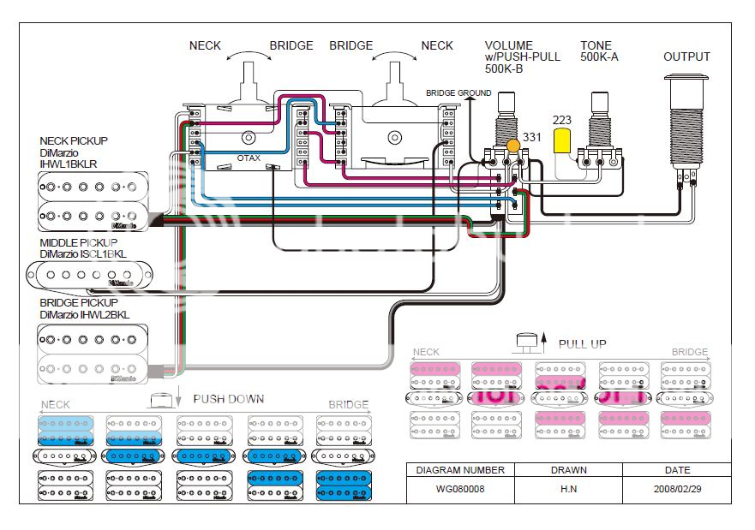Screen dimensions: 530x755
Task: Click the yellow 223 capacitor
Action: coord(563,140)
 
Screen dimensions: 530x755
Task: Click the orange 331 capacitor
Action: coord(513,145)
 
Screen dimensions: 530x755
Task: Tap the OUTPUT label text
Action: coord(686,57)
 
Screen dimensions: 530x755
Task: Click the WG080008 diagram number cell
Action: coord(459,491)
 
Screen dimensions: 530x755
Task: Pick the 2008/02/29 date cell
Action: coord(677,491)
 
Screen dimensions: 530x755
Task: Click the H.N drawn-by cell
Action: coord(568,491)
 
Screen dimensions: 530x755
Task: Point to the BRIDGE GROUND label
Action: coord(458,92)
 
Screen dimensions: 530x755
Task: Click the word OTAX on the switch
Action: coord(249,159)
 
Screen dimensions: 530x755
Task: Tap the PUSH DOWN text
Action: coord(228,399)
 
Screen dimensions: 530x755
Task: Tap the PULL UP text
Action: coord(582,344)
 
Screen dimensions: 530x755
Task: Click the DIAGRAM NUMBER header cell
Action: coord(459,470)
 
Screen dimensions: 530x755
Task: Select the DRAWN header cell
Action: coord(568,470)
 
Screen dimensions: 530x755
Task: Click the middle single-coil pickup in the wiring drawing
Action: coord(81,276)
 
